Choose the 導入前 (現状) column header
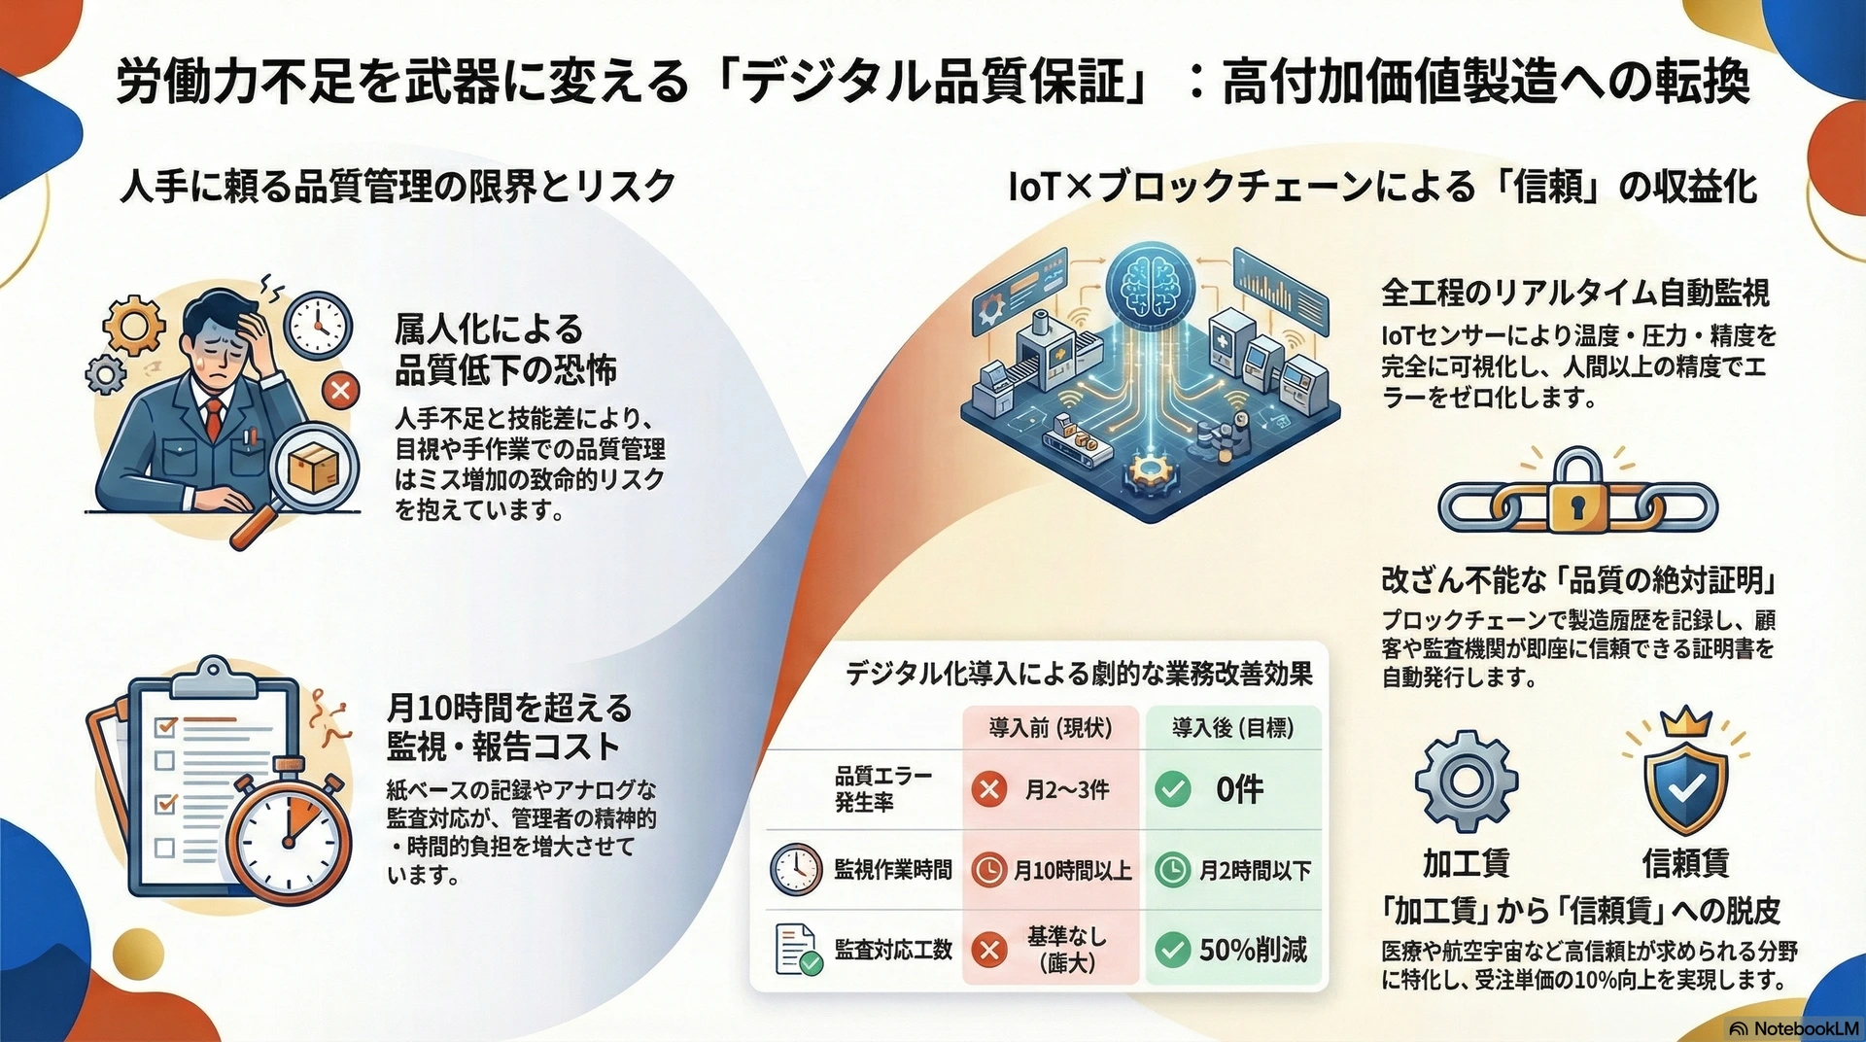(x=1050, y=727)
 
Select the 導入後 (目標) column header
(x=1232, y=727)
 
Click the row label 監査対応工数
(x=892, y=950)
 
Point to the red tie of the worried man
(x=213, y=418)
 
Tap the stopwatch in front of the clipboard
(x=290, y=837)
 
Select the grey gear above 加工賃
(x=1466, y=781)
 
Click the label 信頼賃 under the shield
(x=1684, y=862)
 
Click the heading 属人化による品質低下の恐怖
(x=504, y=350)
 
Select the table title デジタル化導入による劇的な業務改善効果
(x=1079, y=673)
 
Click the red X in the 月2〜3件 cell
(x=989, y=788)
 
